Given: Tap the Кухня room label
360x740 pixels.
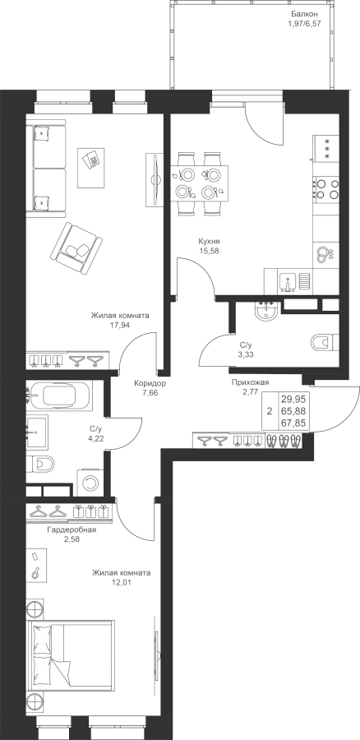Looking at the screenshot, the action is pyautogui.click(x=209, y=241).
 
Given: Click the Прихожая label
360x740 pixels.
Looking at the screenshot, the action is pyautogui.click(x=250, y=382).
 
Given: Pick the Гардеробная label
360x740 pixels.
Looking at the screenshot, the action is pyautogui.click(x=72, y=530).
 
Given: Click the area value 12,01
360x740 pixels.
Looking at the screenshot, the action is pyautogui.click(x=121, y=582).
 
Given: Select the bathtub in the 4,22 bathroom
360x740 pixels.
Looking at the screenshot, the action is pyautogui.click(x=62, y=395).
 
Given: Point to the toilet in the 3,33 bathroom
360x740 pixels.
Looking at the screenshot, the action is pyautogui.click(x=324, y=342).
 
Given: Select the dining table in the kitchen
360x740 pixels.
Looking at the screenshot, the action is pyautogui.click(x=199, y=183).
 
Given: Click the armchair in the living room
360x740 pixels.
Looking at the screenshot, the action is pyautogui.click(x=76, y=248).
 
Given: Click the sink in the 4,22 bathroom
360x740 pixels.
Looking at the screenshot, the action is pyautogui.click(x=36, y=432).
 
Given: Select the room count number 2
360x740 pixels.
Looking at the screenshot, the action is pyautogui.click(x=269, y=412).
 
